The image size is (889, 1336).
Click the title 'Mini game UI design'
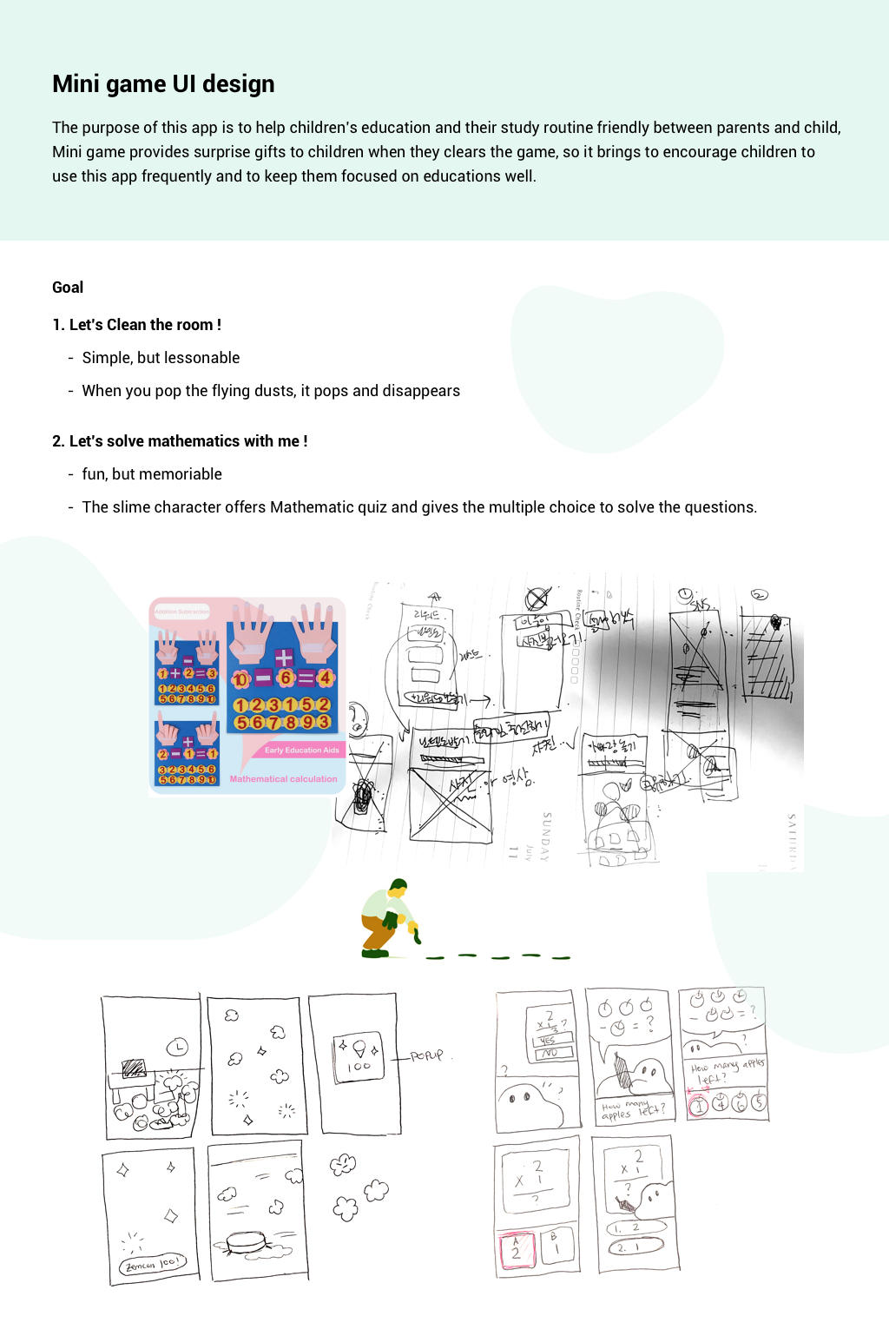(163, 84)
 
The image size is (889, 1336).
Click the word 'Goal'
(68, 288)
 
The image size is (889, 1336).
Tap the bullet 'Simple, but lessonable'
(161, 358)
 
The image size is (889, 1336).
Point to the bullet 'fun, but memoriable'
(152, 474)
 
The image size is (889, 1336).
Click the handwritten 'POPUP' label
(427, 1055)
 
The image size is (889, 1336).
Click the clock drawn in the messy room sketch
(177, 1047)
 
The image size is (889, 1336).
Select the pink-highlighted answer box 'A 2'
(516, 1249)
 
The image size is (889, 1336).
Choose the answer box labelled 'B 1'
(555, 1246)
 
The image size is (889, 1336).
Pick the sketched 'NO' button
(548, 1053)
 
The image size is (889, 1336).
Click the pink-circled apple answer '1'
(699, 1105)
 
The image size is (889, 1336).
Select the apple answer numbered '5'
(759, 1102)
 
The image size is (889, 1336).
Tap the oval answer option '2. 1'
(635, 1247)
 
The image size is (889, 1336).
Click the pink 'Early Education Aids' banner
(301, 750)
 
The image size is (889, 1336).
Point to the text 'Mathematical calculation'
(283, 779)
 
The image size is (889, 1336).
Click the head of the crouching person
(398, 888)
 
